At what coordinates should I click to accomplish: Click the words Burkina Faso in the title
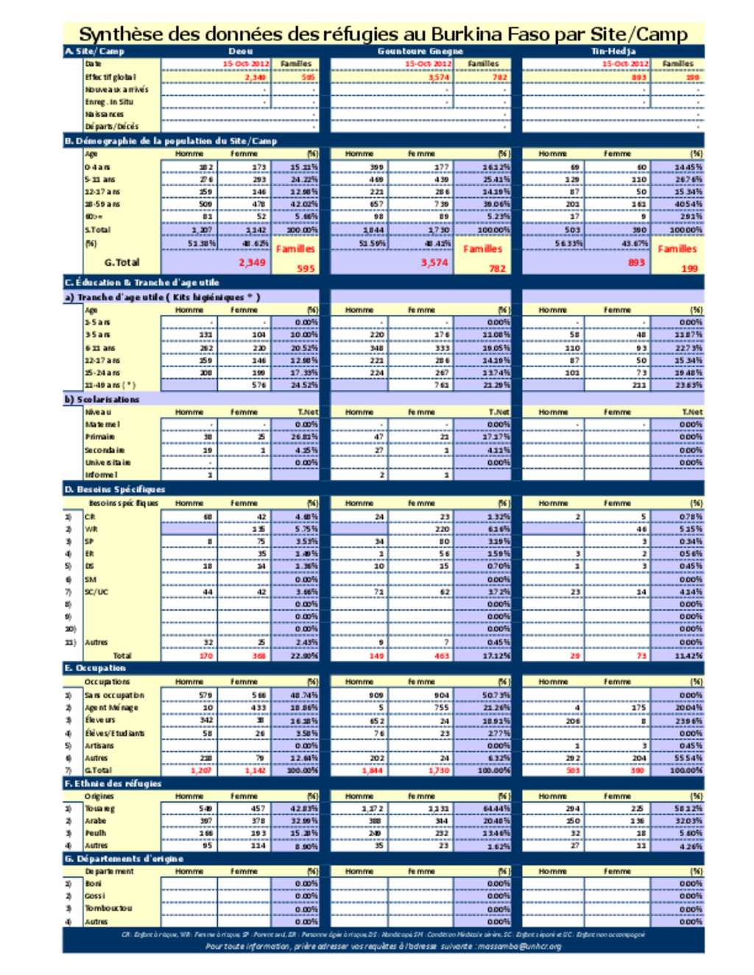(477, 34)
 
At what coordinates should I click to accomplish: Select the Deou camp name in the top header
(241, 52)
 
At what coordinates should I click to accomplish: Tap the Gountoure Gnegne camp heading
(420, 52)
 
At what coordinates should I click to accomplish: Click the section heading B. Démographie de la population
(171, 141)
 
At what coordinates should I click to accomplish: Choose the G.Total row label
(121, 262)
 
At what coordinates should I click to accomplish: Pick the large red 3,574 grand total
(434, 262)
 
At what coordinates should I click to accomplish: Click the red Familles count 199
(689, 269)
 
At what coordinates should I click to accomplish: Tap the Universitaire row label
(108, 462)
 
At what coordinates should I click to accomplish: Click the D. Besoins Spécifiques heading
(115, 489)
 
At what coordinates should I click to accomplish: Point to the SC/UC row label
(96, 592)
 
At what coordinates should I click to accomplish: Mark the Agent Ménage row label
(111, 707)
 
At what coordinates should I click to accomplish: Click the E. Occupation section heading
(96, 668)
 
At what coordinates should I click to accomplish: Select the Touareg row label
(100, 808)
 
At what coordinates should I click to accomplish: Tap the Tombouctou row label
(108, 908)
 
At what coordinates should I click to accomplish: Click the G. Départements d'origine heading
(124, 858)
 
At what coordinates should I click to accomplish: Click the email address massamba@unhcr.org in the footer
(519, 946)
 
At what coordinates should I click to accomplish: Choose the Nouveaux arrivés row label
(116, 89)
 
